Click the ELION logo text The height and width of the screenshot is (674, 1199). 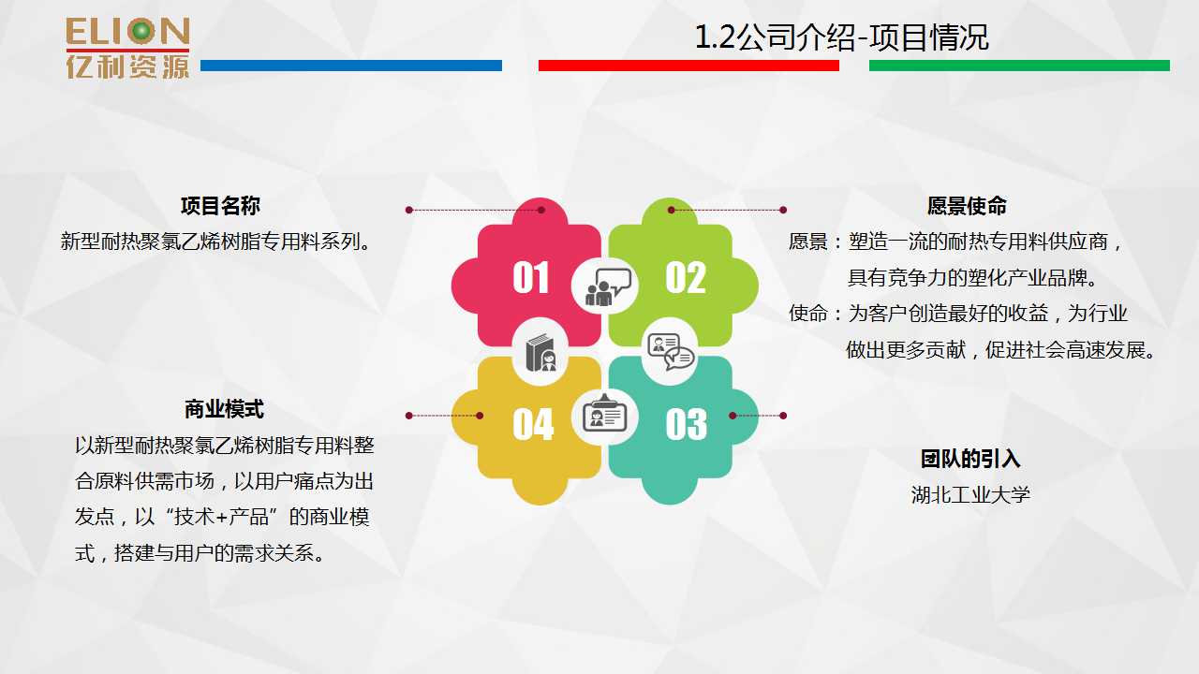click(x=128, y=32)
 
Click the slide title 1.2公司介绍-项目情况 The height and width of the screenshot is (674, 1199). click(x=841, y=37)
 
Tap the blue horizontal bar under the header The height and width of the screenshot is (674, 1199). click(x=351, y=66)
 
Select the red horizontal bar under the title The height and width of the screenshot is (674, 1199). click(x=688, y=66)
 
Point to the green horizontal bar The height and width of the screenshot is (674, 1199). click(x=1019, y=66)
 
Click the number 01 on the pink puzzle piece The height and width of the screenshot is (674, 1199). click(x=530, y=277)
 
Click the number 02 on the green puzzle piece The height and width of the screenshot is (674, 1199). click(x=686, y=277)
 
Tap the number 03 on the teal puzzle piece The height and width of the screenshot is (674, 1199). click(x=687, y=424)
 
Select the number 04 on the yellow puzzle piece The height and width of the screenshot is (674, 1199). click(x=533, y=424)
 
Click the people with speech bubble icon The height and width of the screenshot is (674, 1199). click(x=608, y=286)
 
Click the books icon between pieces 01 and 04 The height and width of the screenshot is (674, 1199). click(x=540, y=353)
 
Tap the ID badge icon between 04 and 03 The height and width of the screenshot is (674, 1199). click(x=604, y=414)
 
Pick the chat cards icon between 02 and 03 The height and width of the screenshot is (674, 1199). click(x=671, y=351)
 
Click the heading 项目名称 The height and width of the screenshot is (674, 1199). click(x=220, y=206)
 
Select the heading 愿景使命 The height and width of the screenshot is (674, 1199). click(x=967, y=206)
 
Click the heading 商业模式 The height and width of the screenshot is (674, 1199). click(x=224, y=409)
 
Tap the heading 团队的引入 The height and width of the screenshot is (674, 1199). click(x=970, y=459)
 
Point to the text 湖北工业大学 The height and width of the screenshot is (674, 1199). click(x=970, y=495)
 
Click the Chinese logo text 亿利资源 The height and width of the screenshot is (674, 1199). click(x=128, y=66)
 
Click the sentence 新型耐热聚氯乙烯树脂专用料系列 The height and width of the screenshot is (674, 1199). click(x=215, y=242)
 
